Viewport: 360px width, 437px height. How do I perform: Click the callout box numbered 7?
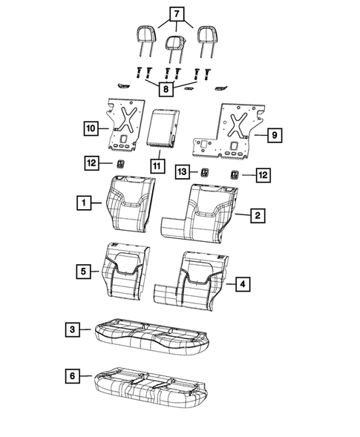pos(176,13)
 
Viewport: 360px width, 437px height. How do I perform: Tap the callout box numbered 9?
pos(274,135)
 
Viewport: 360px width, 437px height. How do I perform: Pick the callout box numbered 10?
pos(89,128)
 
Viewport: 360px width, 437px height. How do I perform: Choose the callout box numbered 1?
pos(86,202)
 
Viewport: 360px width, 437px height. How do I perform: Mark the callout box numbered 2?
pos(257,215)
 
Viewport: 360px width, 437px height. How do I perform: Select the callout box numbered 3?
pos(71,329)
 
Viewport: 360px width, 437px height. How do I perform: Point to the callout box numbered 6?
pos(71,377)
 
